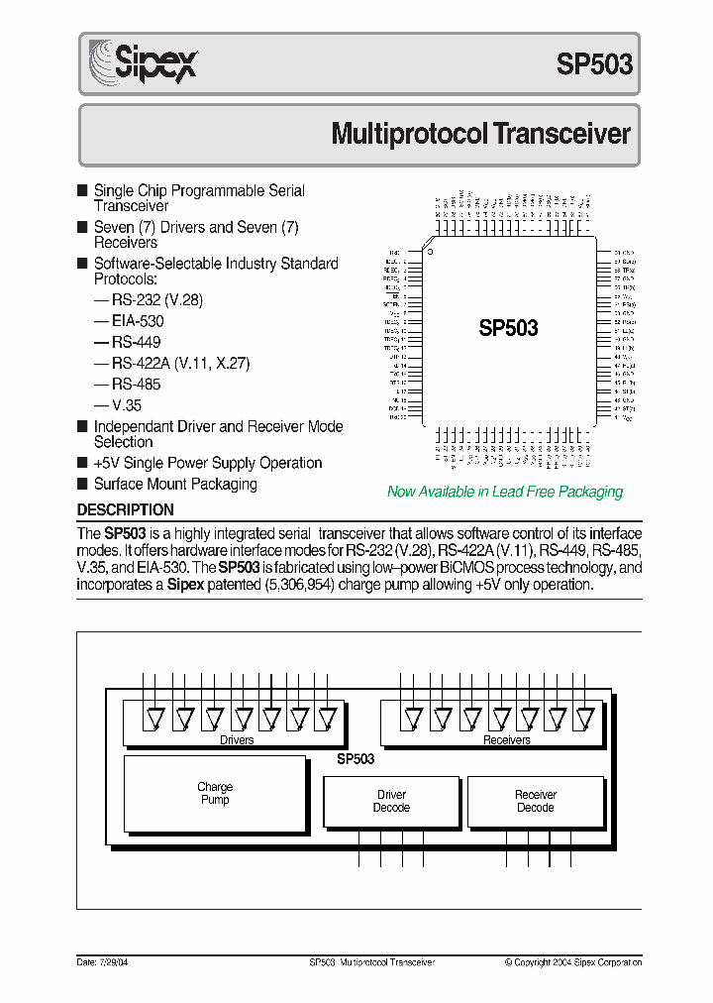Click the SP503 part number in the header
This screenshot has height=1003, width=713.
click(x=593, y=66)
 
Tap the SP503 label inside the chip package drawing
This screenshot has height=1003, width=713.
click(x=508, y=328)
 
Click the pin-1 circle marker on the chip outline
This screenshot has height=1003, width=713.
click(x=430, y=252)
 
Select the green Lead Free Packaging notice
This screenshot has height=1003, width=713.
click(x=505, y=492)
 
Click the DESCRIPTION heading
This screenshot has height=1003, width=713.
click(x=126, y=510)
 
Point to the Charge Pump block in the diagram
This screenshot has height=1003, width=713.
click(x=215, y=794)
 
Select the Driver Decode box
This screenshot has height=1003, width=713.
click(x=392, y=801)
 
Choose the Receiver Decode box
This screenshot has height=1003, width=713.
click(x=536, y=801)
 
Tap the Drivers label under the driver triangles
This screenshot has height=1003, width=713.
click(x=237, y=740)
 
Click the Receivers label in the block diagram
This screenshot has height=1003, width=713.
click(x=506, y=740)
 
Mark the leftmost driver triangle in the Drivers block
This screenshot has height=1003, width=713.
click(x=153, y=717)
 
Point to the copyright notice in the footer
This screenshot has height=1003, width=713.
click(x=572, y=962)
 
